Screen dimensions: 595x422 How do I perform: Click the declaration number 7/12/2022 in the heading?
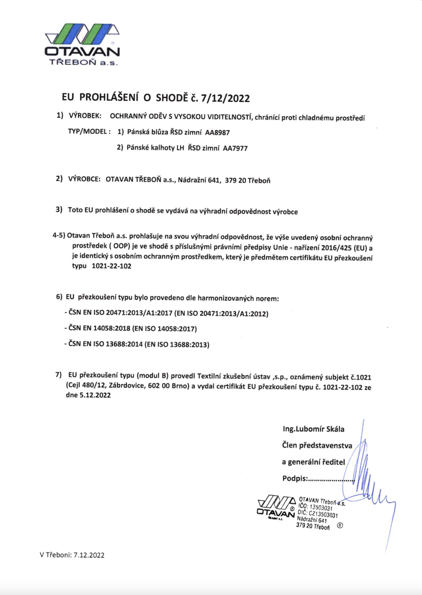[x=225, y=98]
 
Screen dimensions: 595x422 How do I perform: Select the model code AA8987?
[x=217, y=133]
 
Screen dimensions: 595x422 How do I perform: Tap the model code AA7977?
[x=235, y=148]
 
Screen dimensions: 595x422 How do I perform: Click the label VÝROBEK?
[x=85, y=116]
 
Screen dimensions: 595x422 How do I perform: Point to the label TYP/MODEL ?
[x=89, y=131]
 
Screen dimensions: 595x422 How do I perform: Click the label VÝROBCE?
[x=84, y=179]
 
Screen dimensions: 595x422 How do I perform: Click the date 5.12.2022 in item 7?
[x=95, y=395]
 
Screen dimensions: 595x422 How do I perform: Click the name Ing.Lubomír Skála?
[x=313, y=429]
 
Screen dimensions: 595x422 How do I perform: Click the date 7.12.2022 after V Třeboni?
[x=89, y=555]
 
